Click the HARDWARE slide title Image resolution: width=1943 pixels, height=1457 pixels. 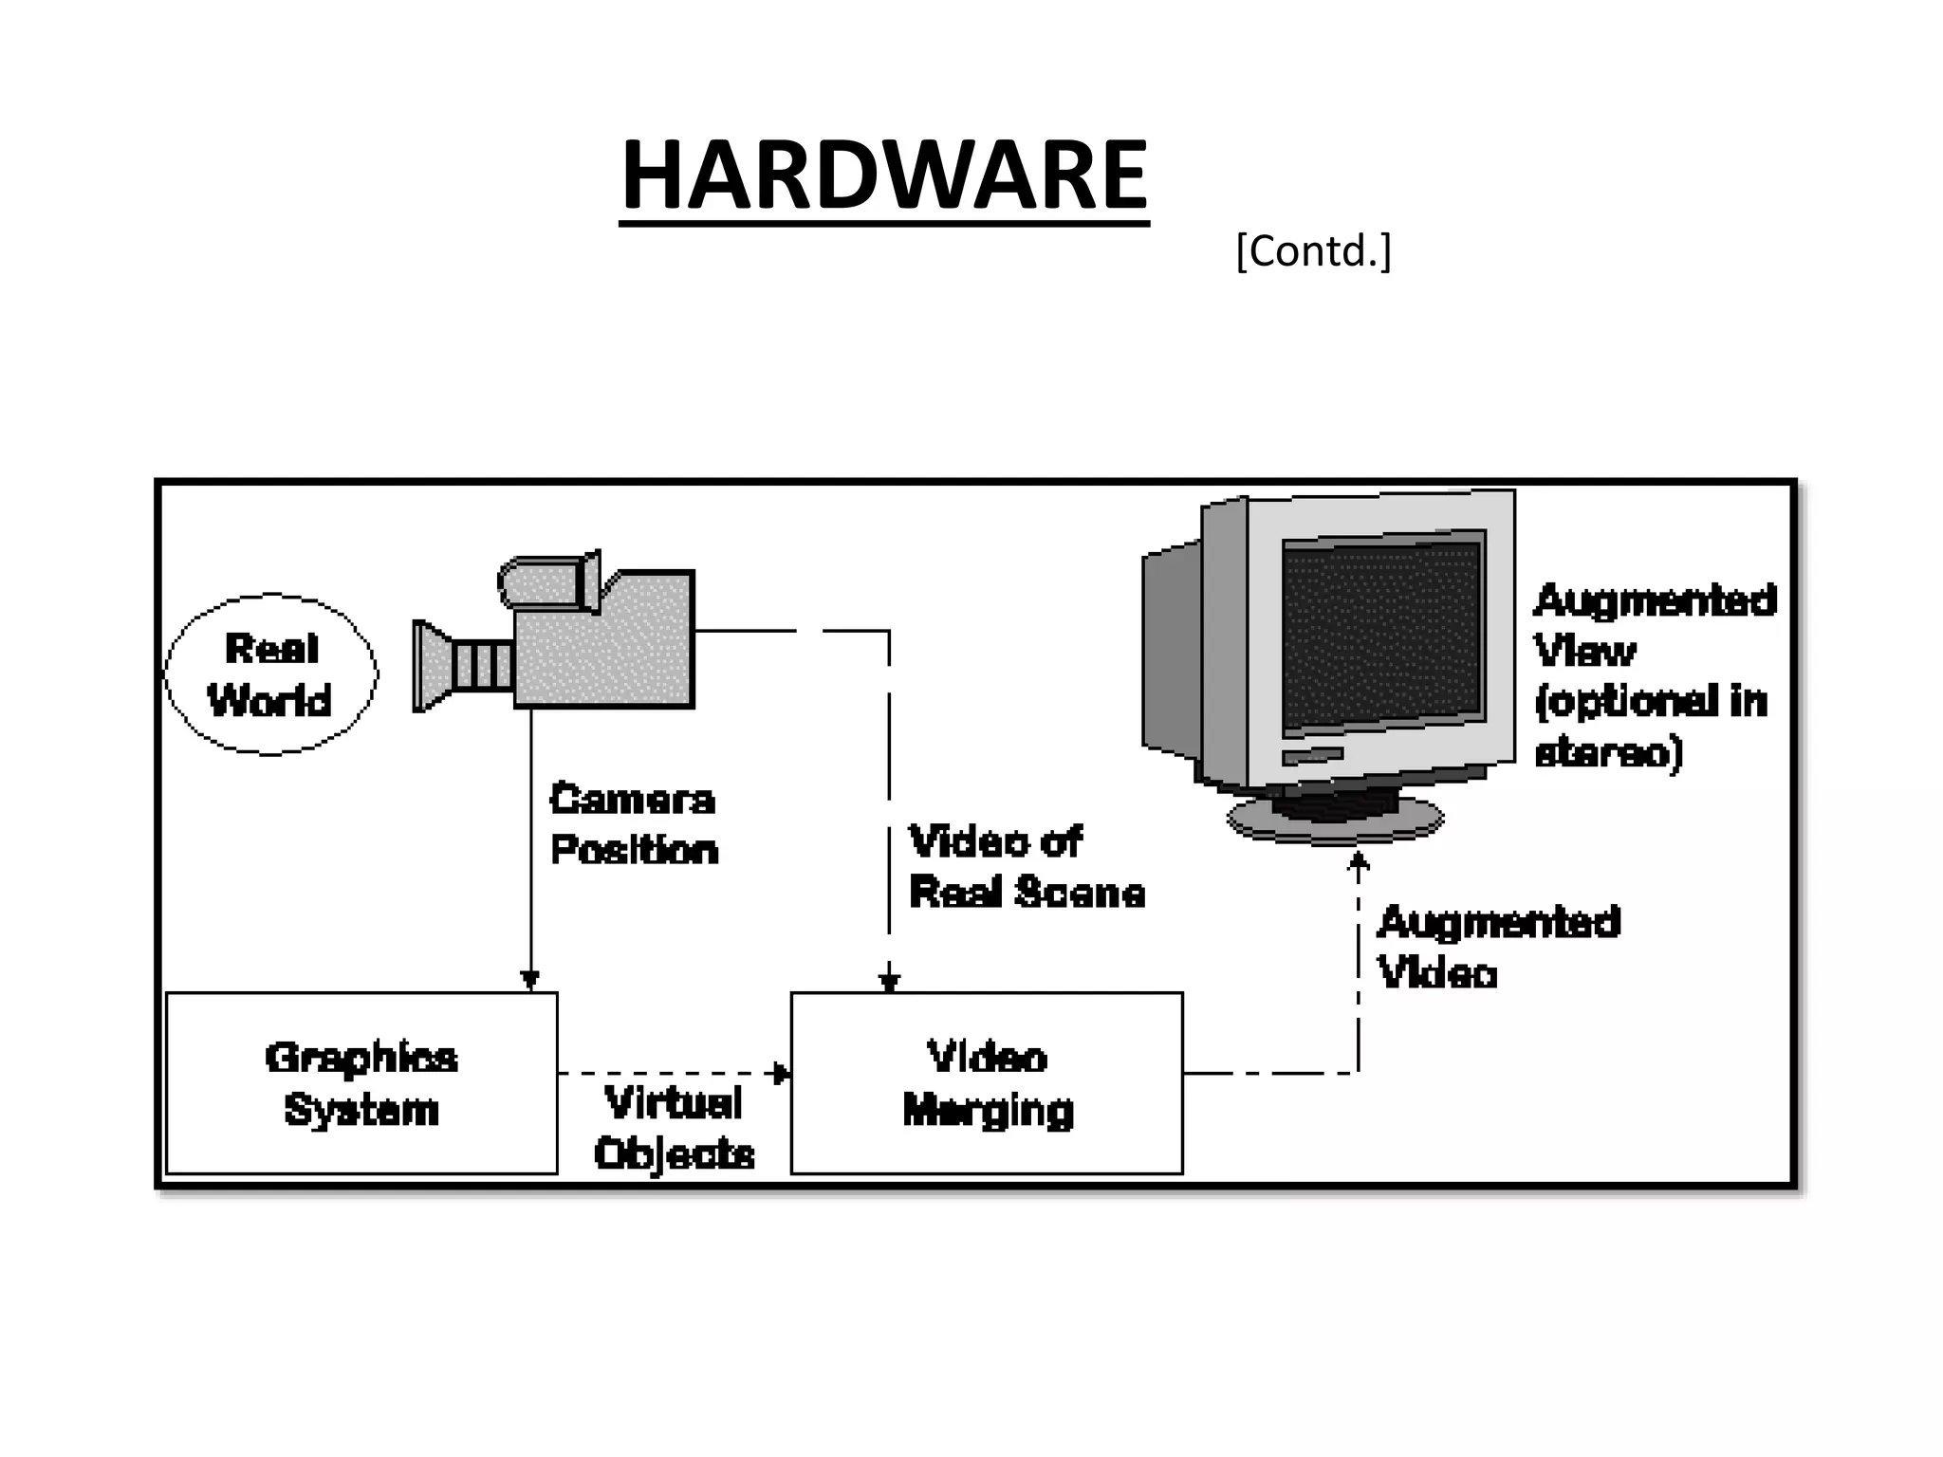pos(883,175)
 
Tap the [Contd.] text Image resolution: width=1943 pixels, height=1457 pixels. pos(1312,251)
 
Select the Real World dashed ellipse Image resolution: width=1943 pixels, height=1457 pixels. pos(271,674)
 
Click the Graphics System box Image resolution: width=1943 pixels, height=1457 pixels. pos(361,1082)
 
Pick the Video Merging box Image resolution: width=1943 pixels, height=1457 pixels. pos(987,1082)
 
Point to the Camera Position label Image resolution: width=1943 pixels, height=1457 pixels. pos(634,824)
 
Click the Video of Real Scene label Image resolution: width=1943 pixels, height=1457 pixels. pos(1026,867)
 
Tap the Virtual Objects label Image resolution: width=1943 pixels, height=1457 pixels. pos(674,1128)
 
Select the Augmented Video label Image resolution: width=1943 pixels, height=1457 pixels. pos(1497,947)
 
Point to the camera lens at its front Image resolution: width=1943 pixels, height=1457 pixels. pos(432,666)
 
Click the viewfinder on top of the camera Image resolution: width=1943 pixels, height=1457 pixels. pos(548,581)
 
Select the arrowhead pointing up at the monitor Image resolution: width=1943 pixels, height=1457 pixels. pos(1359,861)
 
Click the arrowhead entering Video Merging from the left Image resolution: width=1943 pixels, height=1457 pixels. pos(782,1074)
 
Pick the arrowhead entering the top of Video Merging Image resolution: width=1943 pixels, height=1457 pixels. pos(889,981)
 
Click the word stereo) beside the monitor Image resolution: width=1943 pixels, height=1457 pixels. pos(1608,752)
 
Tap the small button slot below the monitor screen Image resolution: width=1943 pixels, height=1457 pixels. pos(1312,756)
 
